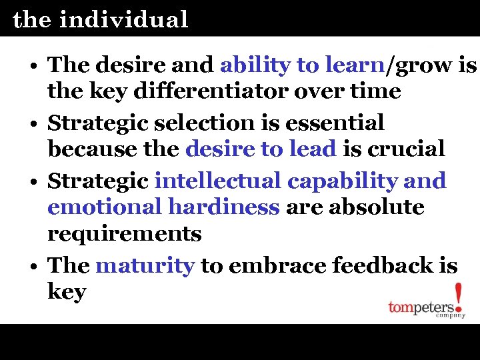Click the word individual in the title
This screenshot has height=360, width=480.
click(123, 19)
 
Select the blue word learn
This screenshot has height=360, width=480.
click(355, 65)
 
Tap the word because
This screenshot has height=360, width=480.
click(90, 149)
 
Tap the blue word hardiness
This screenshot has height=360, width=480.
click(223, 207)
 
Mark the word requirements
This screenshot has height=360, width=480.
click(125, 234)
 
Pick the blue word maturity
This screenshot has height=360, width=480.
click(145, 265)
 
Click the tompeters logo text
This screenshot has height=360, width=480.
click(421, 308)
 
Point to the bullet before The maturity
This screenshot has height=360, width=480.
click(33, 267)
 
